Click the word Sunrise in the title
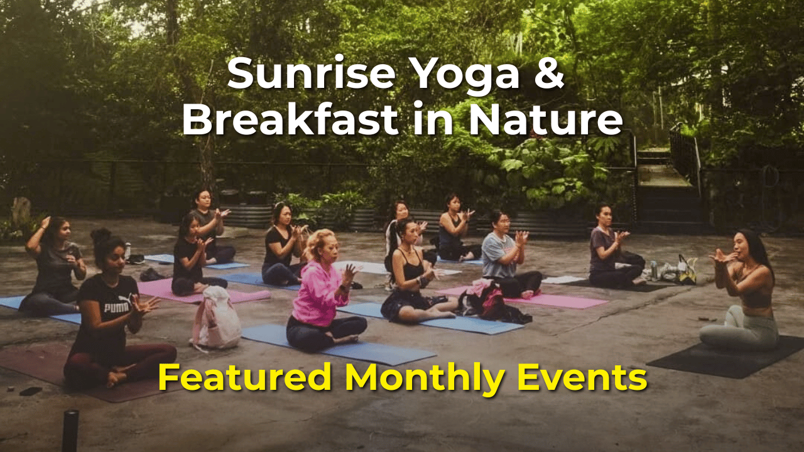tap(312, 75)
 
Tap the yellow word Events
tap(578, 377)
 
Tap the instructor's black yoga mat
tap(725, 358)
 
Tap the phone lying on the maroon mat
tap(31, 391)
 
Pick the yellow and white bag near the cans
tap(687, 270)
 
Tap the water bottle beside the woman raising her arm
tap(128, 250)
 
